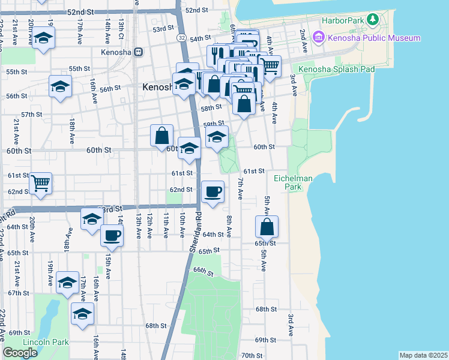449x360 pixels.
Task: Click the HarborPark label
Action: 343,20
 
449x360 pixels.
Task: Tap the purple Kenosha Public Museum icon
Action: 318,38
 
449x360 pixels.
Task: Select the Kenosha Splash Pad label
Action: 345,69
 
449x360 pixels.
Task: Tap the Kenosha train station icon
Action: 138,52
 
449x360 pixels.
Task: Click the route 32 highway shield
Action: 181,37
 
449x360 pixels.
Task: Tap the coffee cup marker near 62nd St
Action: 212,192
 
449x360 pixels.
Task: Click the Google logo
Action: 20,353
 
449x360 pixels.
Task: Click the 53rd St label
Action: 162,29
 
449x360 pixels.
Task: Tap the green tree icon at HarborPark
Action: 374,20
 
